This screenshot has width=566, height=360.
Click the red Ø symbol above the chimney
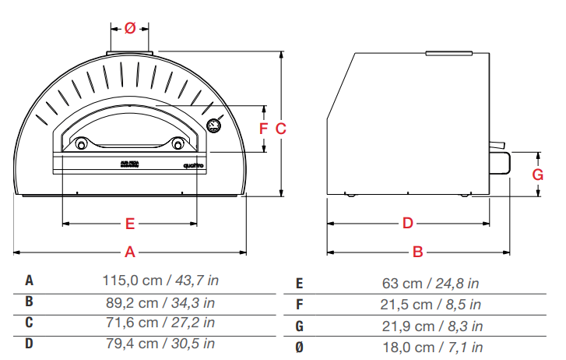130,28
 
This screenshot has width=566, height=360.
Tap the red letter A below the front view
131,252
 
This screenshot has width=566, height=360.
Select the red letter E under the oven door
131,224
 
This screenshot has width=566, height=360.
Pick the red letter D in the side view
407,224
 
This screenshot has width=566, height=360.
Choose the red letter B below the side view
417,252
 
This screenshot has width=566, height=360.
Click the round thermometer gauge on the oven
213,126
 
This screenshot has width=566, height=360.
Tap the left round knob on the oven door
80,143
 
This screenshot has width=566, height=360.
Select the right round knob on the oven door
178,143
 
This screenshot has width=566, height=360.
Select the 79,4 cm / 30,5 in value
160,343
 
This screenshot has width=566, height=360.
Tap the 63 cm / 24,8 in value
431,284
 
